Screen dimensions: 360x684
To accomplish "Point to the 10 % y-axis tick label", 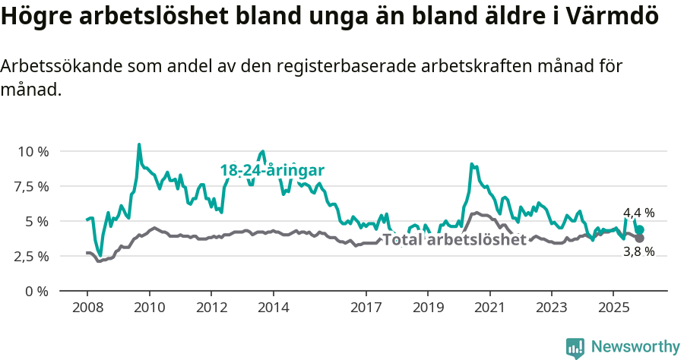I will tap(33, 151).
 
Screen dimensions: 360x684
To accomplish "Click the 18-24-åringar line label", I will tap(272, 170).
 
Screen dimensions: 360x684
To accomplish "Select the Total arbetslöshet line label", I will tap(454, 240).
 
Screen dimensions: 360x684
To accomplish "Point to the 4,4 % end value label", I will tap(638, 213).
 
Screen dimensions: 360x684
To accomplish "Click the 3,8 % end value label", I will tap(638, 251).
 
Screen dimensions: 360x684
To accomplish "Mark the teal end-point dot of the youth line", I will tap(640, 229).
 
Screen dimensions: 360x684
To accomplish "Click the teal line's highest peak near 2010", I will tap(139, 144).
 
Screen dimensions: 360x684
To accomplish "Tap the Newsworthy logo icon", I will tap(575, 348).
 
